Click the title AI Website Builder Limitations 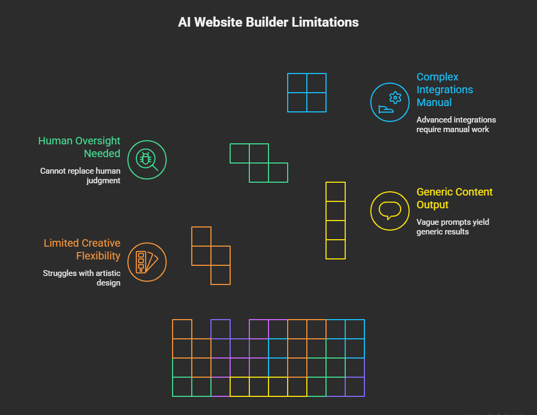point(268,22)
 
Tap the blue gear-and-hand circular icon point(389,102)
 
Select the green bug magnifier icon point(147,160)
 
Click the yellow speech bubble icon point(389,211)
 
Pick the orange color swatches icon point(147,262)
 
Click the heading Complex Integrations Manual point(444,89)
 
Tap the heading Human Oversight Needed point(79,147)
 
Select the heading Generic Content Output point(454,198)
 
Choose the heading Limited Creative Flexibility point(82,249)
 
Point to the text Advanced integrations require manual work point(455,124)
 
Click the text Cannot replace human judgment point(80,176)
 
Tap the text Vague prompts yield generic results point(452,226)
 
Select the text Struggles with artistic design point(82,278)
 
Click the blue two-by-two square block point(307,93)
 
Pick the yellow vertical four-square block point(336,221)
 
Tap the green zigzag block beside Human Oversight point(259,163)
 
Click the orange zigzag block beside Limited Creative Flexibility point(211,256)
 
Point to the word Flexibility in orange point(98,256)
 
